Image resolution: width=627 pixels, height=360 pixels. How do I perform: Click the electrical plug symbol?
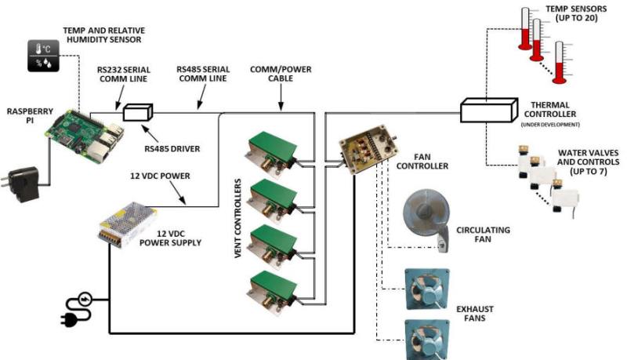(78, 308)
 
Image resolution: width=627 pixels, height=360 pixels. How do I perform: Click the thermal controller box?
(487, 109)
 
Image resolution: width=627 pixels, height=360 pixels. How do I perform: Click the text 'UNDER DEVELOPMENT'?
(554, 125)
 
